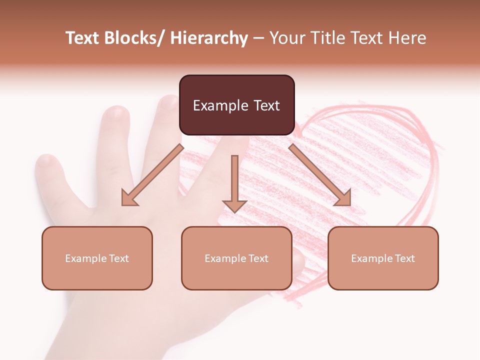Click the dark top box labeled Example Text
(236, 105)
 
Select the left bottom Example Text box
(97, 258)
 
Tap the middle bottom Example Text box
(236, 258)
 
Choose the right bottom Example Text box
(383, 258)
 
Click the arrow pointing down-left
(152, 175)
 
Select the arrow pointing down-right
(320, 175)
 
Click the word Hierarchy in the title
(209, 38)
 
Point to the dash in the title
(258, 38)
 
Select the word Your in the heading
(288, 38)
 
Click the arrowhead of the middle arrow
(234, 206)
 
